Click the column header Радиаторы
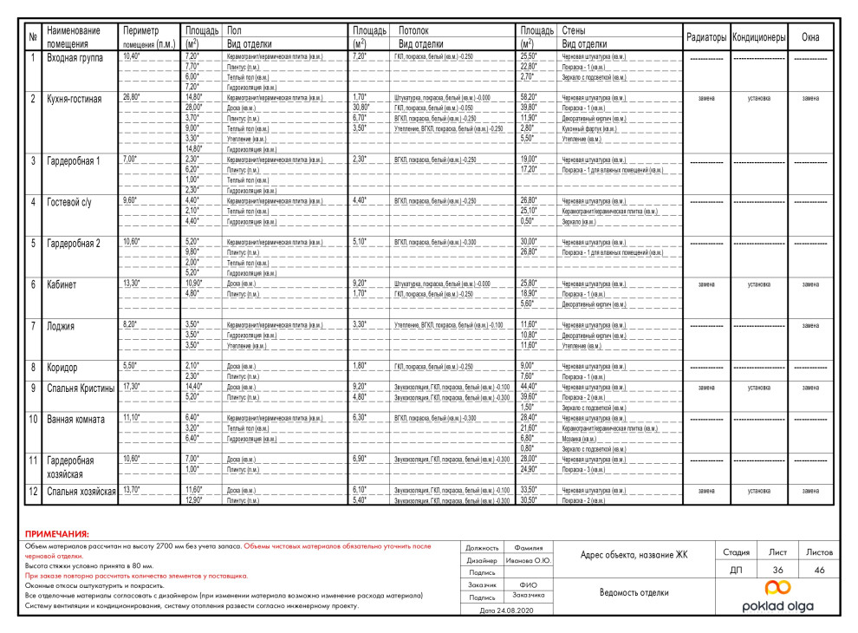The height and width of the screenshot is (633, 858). point(706,37)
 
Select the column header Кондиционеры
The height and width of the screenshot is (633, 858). point(758,37)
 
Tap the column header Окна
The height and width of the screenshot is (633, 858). point(810,37)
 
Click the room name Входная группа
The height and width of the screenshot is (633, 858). point(75,57)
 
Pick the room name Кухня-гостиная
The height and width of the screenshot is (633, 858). point(74,99)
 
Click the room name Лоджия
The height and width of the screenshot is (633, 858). point(61,326)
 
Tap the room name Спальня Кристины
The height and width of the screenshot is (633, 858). point(80,388)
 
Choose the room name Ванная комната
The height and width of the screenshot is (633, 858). point(75,420)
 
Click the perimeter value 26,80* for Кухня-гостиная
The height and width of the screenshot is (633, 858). point(132,97)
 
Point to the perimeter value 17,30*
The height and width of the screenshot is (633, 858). point(132,387)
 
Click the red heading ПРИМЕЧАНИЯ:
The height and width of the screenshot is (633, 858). point(56,534)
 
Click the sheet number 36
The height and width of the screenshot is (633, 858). point(777,570)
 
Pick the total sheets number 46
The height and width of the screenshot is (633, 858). point(819,570)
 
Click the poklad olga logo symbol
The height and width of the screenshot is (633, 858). point(777,590)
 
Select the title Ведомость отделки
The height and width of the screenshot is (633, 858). point(634,593)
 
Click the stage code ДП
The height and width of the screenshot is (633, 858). point(736,570)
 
